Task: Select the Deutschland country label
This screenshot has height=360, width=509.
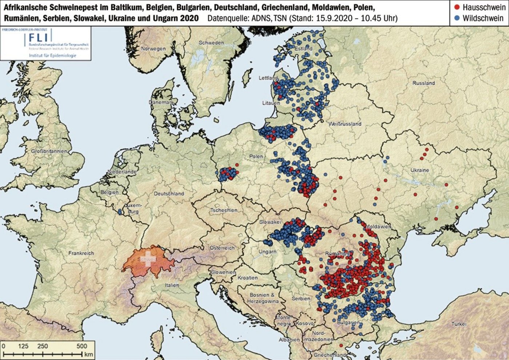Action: pyautogui.click(x=169, y=194)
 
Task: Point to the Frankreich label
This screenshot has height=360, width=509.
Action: pyautogui.click(x=81, y=253)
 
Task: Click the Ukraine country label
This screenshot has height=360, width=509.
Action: pyautogui.click(x=420, y=170)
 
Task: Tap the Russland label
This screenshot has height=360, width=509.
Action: pyautogui.click(x=423, y=83)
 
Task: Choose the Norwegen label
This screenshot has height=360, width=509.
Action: pyautogui.click(x=153, y=49)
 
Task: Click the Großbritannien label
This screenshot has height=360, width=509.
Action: pyautogui.click(x=49, y=151)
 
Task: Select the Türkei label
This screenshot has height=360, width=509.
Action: pyautogui.click(x=458, y=324)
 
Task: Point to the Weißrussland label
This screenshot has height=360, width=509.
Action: pyautogui.click(x=345, y=124)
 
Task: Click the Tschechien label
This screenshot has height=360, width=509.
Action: pyautogui.click(x=224, y=210)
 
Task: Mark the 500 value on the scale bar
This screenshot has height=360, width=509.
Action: pyautogui.click(x=82, y=346)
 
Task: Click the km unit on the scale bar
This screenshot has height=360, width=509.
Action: pyautogui.click(x=89, y=354)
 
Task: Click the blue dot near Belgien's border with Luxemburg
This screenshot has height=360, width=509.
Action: pyautogui.click(x=120, y=211)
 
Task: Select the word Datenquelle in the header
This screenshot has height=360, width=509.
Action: pyautogui.click(x=228, y=18)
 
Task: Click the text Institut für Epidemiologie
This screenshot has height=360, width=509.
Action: pyautogui.click(x=52, y=55)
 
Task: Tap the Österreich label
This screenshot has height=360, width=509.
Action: pyautogui.click(x=222, y=248)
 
